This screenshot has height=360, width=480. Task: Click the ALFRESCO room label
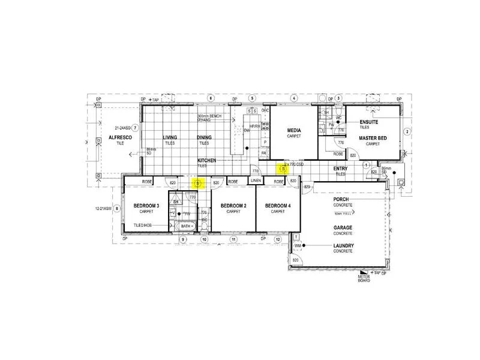[119, 138]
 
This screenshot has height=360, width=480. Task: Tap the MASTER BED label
[373, 138]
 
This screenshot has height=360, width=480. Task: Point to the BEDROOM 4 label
[278, 206]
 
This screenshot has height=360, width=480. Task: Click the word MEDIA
[294, 130]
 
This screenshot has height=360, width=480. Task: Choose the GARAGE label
[343, 228]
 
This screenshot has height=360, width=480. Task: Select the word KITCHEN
[207, 161]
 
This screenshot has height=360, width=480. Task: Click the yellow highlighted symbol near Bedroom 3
[199, 182]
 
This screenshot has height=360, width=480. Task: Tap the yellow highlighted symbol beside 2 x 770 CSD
[284, 170]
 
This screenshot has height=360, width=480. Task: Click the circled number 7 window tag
[136, 128]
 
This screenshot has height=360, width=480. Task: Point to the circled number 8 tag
[118, 209]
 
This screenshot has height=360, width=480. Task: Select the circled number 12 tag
[278, 240]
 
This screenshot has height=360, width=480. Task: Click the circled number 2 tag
[406, 131]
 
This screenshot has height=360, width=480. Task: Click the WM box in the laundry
[297, 246]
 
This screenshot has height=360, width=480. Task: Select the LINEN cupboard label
[256, 181]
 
